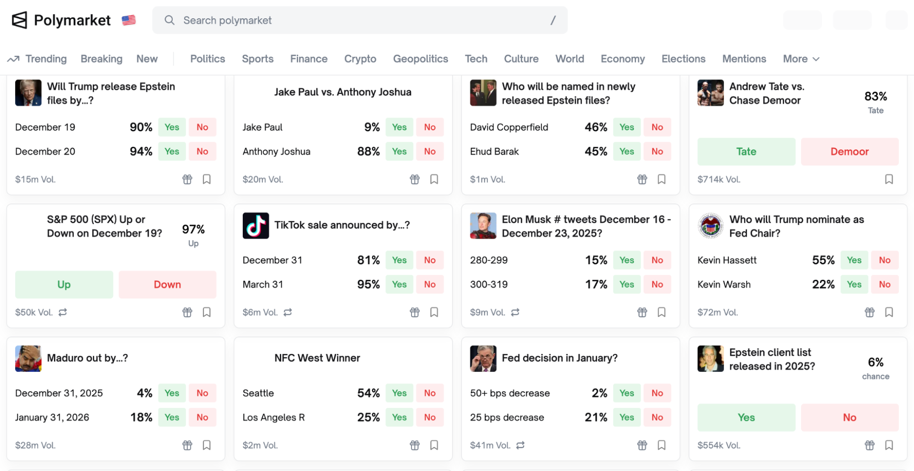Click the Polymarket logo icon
point(19,20)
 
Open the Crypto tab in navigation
point(360,59)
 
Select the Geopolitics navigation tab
point(420,59)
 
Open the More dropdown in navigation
point(801,59)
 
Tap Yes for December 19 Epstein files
point(172,127)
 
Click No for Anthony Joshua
point(429,151)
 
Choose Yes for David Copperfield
point(626,127)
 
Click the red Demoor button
point(849,151)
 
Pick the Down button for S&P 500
point(167,284)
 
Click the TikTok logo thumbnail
point(256,225)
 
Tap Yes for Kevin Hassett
point(854,260)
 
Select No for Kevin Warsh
point(884,284)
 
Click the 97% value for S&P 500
point(193,229)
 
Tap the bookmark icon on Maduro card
point(207,445)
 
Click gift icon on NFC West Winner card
point(415,445)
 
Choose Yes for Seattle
point(399,393)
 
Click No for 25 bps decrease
point(657,417)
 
